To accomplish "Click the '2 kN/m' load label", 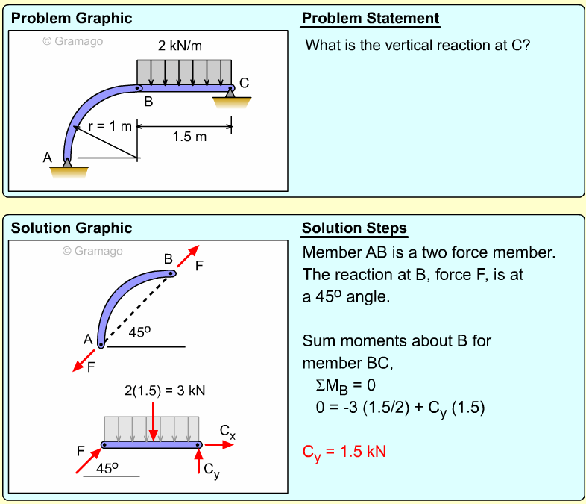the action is [180, 46].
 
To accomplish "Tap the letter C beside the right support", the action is [244, 83].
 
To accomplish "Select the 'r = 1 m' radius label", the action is [110, 126].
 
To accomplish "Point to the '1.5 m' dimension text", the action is [189, 137].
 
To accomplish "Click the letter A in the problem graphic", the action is [47, 158].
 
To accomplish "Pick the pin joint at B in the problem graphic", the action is [137, 88].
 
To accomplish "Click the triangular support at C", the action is [230, 93].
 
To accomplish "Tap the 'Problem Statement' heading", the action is [371, 19].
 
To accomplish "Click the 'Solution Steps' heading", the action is [354, 228].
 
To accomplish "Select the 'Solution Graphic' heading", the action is [72, 228].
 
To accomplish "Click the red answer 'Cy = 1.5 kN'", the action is [344, 452].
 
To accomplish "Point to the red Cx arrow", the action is [219, 444].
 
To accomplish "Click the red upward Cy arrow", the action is [199, 461].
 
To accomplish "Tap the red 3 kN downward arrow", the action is [154, 421].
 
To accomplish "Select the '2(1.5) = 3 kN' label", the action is [165, 391].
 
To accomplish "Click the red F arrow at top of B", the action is [188, 256].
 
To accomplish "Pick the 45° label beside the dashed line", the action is [139, 332].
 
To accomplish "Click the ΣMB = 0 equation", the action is [345, 386].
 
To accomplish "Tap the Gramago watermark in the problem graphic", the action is [73, 41].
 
